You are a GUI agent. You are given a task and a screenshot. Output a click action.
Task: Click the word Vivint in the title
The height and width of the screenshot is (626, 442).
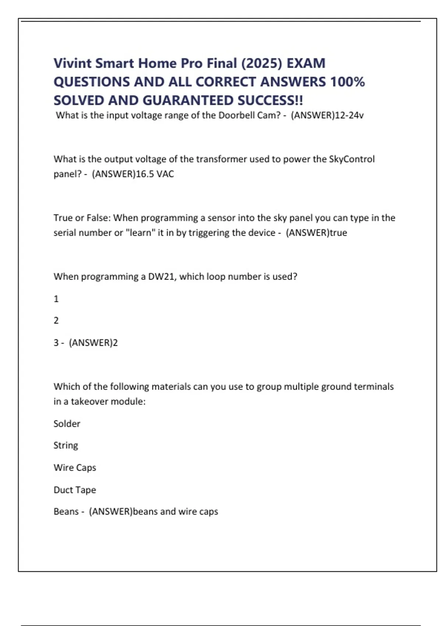(x=72, y=63)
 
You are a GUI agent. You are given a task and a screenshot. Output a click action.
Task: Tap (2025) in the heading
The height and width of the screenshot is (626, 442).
(x=261, y=63)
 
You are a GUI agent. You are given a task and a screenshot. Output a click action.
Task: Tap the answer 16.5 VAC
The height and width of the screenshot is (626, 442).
(x=155, y=174)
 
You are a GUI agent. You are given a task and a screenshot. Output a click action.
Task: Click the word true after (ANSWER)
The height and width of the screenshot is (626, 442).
(x=338, y=233)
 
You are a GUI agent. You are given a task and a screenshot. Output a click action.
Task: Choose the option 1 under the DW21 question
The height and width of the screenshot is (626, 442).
(x=56, y=299)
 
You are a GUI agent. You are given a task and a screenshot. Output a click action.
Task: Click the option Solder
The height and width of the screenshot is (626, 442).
(x=67, y=423)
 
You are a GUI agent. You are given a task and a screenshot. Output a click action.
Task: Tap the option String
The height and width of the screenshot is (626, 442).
(x=66, y=445)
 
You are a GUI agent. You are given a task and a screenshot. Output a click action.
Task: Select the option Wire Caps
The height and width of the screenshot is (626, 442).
(x=75, y=467)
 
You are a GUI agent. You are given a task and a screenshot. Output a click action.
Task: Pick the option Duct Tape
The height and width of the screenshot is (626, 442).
(x=75, y=490)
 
